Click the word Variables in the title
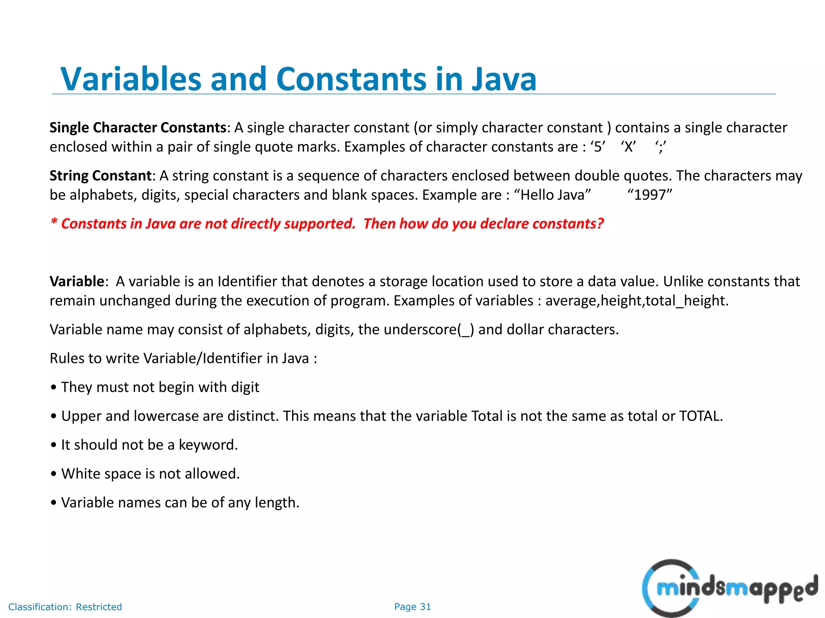131,79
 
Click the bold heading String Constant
100,176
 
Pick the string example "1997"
650,195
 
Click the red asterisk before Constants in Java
54,222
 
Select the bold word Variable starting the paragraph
77,281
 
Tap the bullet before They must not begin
54,388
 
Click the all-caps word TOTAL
701,416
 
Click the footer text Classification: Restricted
65,607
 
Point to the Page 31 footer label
412,607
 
